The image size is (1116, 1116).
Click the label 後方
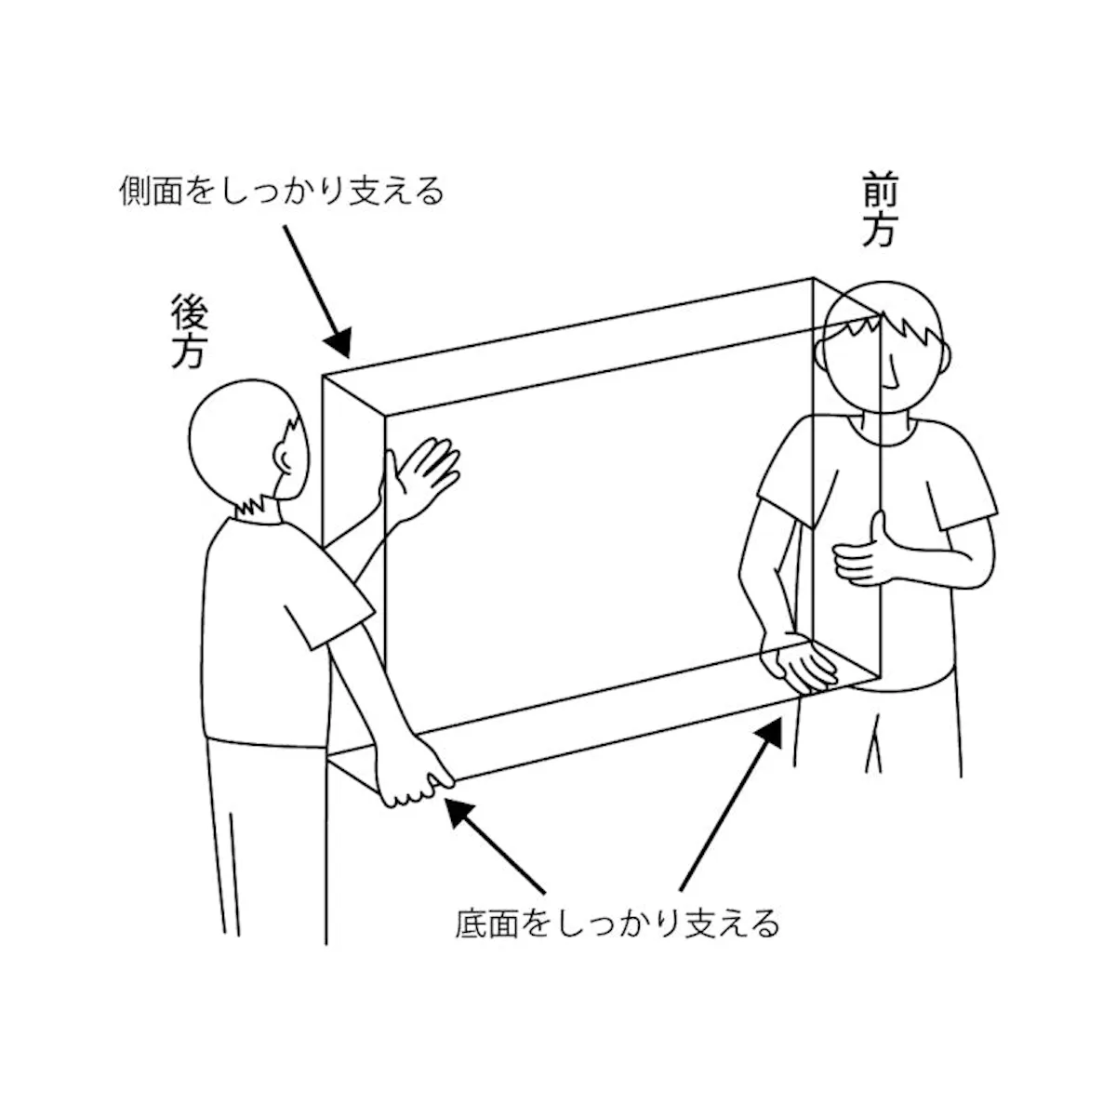(190, 331)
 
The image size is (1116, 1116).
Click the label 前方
(880, 209)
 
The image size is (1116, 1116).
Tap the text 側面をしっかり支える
(282, 191)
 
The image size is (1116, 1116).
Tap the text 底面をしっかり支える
(617, 923)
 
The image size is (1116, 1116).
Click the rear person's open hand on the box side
(419, 480)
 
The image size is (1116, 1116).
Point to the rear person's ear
(284, 458)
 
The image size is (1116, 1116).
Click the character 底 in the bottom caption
(472, 923)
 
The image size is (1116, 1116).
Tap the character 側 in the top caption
(136, 191)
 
